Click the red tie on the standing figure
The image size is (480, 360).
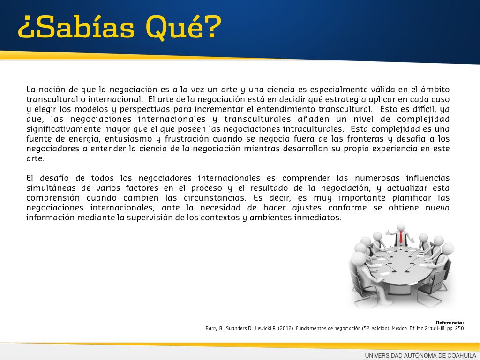pyautogui.click(x=401, y=237)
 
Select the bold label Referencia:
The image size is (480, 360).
pyautogui.click(x=450, y=322)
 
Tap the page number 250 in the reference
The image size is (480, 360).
pyautogui.click(x=459, y=328)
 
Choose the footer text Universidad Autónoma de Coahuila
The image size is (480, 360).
pyautogui.click(x=420, y=355)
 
